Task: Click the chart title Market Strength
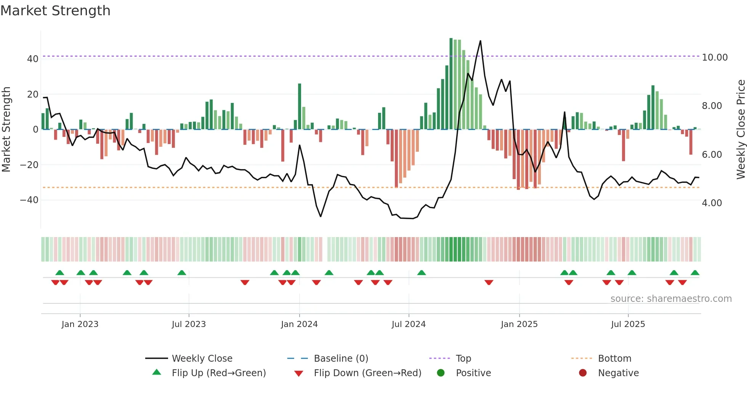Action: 56,11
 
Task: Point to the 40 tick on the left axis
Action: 33,59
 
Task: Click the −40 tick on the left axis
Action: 29,200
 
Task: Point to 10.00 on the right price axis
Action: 715,58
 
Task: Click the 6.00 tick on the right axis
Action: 712,155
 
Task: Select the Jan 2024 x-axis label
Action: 299,324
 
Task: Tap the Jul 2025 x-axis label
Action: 628,324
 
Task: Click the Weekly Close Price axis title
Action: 741,130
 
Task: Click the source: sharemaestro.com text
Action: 671,299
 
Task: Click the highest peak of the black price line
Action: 480,41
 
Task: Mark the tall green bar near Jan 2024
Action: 300,107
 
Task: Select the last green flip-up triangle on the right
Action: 695,273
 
